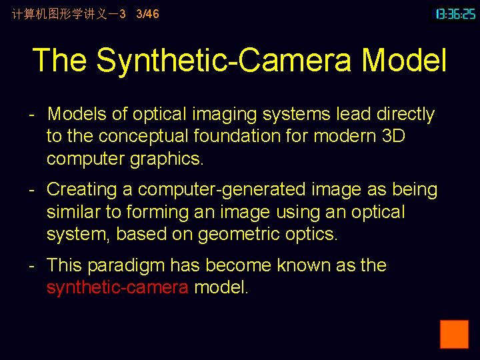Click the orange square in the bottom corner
click(x=454, y=334)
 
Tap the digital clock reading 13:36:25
click(x=455, y=13)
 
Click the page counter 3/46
click(x=147, y=13)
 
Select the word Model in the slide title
click(x=404, y=60)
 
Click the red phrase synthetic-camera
click(x=117, y=288)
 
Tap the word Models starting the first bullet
click(x=77, y=115)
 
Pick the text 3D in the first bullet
click(x=389, y=136)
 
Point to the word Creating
click(x=82, y=189)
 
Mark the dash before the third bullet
click(x=31, y=265)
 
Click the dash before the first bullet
click(x=31, y=115)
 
